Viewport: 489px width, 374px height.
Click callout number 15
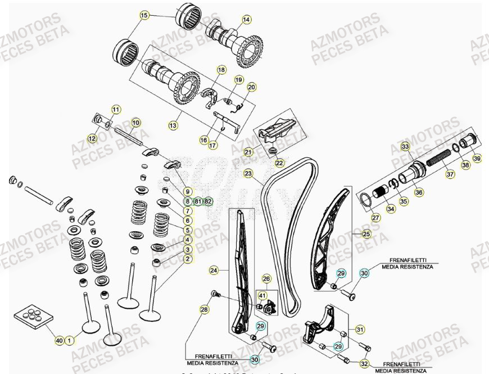click(x=145, y=16)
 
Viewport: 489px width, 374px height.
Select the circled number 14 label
click(x=246, y=20)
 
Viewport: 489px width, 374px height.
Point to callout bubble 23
click(x=248, y=174)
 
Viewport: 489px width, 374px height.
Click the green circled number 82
click(x=208, y=201)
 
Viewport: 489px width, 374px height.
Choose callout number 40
click(x=59, y=340)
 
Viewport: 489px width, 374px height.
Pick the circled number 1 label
click(x=69, y=340)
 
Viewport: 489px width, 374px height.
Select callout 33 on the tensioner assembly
click(x=405, y=147)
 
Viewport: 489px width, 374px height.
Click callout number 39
click(x=477, y=158)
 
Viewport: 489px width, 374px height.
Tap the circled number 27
click(x=375, y=218)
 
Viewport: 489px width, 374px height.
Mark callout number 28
click(x=204, y=309)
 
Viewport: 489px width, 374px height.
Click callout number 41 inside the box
click(x=262, y=295)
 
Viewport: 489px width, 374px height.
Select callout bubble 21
click(x=248, y=152)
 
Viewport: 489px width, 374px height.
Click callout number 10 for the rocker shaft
click(x=135, y=122)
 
